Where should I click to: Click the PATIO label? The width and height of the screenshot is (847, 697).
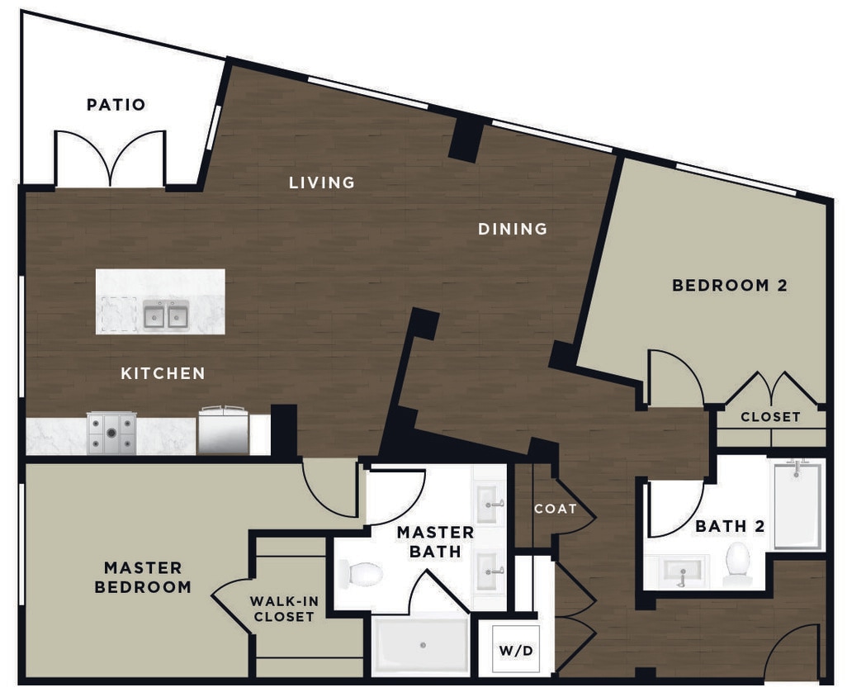[116, 105]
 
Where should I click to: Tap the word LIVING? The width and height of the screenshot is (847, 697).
[322, 183]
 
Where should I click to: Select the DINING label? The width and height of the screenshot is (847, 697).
[513, 229]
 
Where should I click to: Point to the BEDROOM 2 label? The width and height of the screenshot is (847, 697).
[730, 286]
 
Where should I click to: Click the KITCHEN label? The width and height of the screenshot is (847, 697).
[163, 373]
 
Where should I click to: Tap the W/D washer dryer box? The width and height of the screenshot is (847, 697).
[515, 651]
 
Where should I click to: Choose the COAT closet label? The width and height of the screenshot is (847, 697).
[555, 509]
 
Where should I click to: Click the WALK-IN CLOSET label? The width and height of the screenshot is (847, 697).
[284, 609]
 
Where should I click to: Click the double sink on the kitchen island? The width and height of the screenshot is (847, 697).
[166, 315]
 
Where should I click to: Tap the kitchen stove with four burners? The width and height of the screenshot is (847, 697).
[111, 434]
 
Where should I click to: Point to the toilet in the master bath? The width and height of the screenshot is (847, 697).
[361, 573]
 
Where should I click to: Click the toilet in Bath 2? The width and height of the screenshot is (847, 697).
[736, 564]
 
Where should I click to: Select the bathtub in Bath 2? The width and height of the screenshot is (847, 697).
[797, 505]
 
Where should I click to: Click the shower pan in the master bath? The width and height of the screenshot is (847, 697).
[422, 645]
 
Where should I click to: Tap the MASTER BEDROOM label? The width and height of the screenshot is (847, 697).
[143, 577]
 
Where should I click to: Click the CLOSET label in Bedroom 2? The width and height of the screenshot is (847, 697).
[769, 417]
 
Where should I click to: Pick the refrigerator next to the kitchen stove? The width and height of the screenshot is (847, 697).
[223, 430]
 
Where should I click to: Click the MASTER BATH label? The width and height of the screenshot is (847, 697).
[435, 541]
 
